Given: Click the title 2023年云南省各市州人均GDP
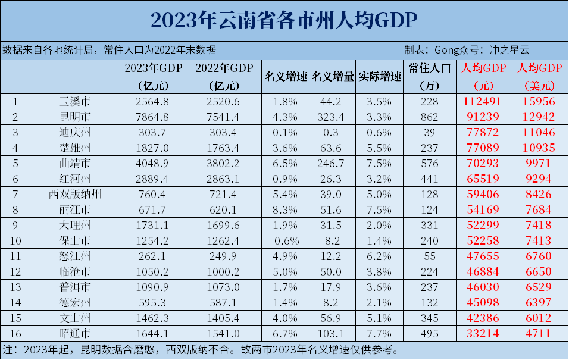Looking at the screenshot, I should point(284,20).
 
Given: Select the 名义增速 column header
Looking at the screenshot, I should point(285,77).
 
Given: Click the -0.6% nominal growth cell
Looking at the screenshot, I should point(285,241).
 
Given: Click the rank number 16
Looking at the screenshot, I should point(16,333).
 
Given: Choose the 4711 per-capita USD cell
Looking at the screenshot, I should point(537,333).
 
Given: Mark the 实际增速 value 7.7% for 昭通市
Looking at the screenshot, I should point(379,333).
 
